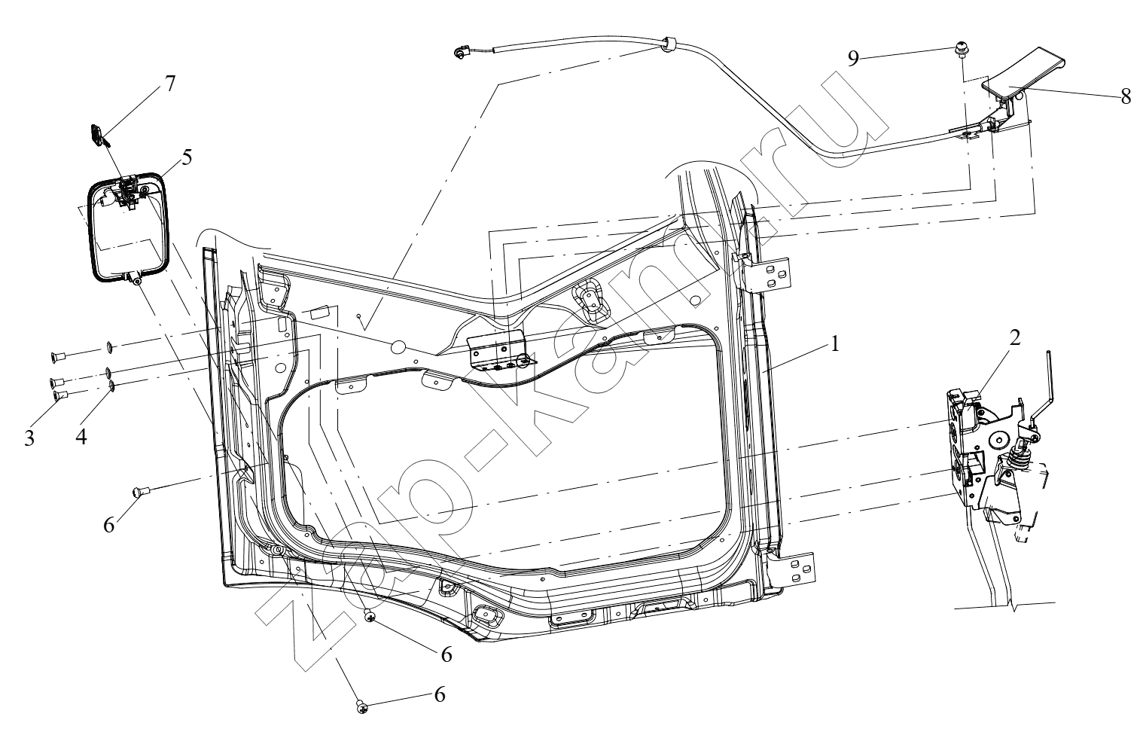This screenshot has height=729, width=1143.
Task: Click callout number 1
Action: pyautogui.click(x=834, y=344)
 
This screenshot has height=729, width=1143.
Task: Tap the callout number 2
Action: pyautogui.click(x=1014, y=337)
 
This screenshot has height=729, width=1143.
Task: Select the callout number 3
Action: pyautogui.click(x=29, y=438)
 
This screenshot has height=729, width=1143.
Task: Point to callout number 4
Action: pyautogui.click(x=81, y=437)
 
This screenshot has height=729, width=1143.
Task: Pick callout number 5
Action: pyautogui.click(x=187, y=157)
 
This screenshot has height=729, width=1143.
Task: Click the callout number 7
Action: pyautogui.click(x=169, y=83)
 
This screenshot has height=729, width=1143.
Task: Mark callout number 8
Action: pyautogui.click(x=1126, y=96)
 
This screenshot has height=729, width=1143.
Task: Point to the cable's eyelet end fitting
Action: pyautogui.click(x=460, y=53)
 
